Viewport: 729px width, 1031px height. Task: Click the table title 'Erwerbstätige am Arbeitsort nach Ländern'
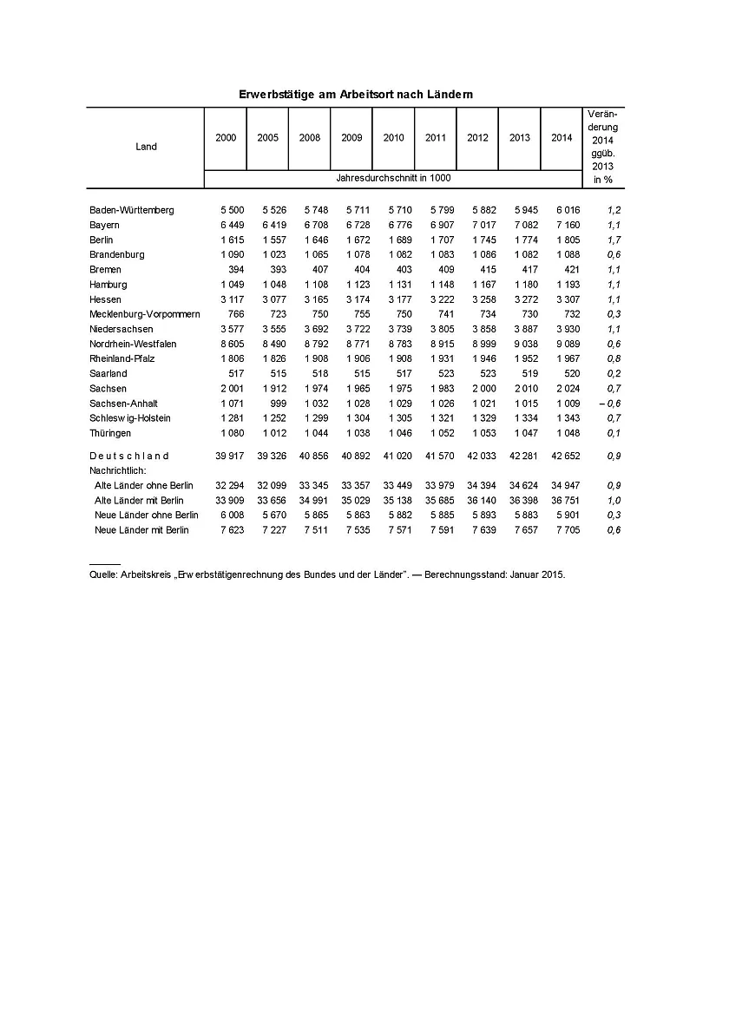pyautogui.click(x=355, y=93)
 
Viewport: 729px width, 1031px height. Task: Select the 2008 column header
pyautogui.click(x=310, y=138)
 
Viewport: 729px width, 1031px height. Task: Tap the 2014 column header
pyautogui.click(x=562, y=138)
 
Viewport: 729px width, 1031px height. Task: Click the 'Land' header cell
pyautogui.click(x=146, y=147)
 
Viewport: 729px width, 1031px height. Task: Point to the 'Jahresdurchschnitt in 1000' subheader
pyautogui.click(x=393, y=178)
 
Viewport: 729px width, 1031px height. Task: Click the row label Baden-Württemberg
pyautogui.click(x=132, y=210)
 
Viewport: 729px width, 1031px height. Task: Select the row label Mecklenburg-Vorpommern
pyautogui.click(x=145, y=314)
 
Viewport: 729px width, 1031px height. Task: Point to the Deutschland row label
pyautogui.click(x=129, y=456)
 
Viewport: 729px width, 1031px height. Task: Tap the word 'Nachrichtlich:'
pyautogui.click(x=119, y=470)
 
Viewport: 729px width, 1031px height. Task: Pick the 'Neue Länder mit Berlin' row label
pyautogui.click(x=141, y=529)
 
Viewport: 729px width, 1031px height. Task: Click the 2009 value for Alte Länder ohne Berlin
pyautogui.click(x=351, y=485)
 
